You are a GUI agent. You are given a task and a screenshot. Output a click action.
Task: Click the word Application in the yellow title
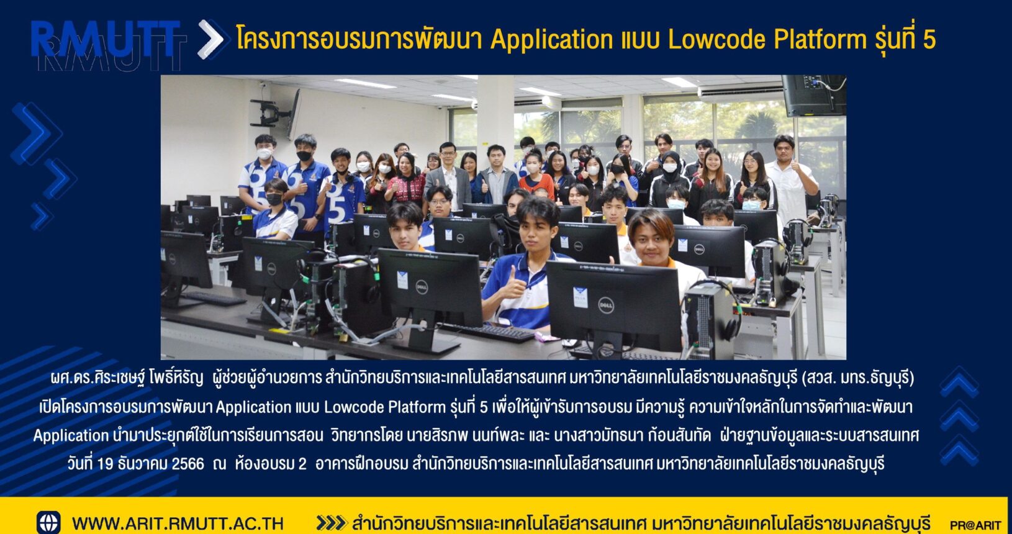tap(551, 40)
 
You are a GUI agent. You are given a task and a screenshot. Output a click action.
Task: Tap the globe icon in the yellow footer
tap(48, 523)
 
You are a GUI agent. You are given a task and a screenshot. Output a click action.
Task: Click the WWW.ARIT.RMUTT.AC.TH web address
tap(178, 523)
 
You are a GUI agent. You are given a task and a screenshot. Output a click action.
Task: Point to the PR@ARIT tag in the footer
tap(975, 525)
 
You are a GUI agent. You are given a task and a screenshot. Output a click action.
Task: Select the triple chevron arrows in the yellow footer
tap(331, 523)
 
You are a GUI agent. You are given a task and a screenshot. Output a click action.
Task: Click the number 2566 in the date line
tap(187, 463)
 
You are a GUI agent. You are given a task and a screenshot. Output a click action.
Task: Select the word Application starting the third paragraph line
tap(71, 435)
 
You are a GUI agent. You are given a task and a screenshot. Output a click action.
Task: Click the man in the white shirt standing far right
tap(792, 181)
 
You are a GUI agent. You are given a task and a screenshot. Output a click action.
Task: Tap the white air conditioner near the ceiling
tap(740, 92)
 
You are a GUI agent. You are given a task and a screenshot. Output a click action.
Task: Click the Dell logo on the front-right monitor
tap(606, 305)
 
